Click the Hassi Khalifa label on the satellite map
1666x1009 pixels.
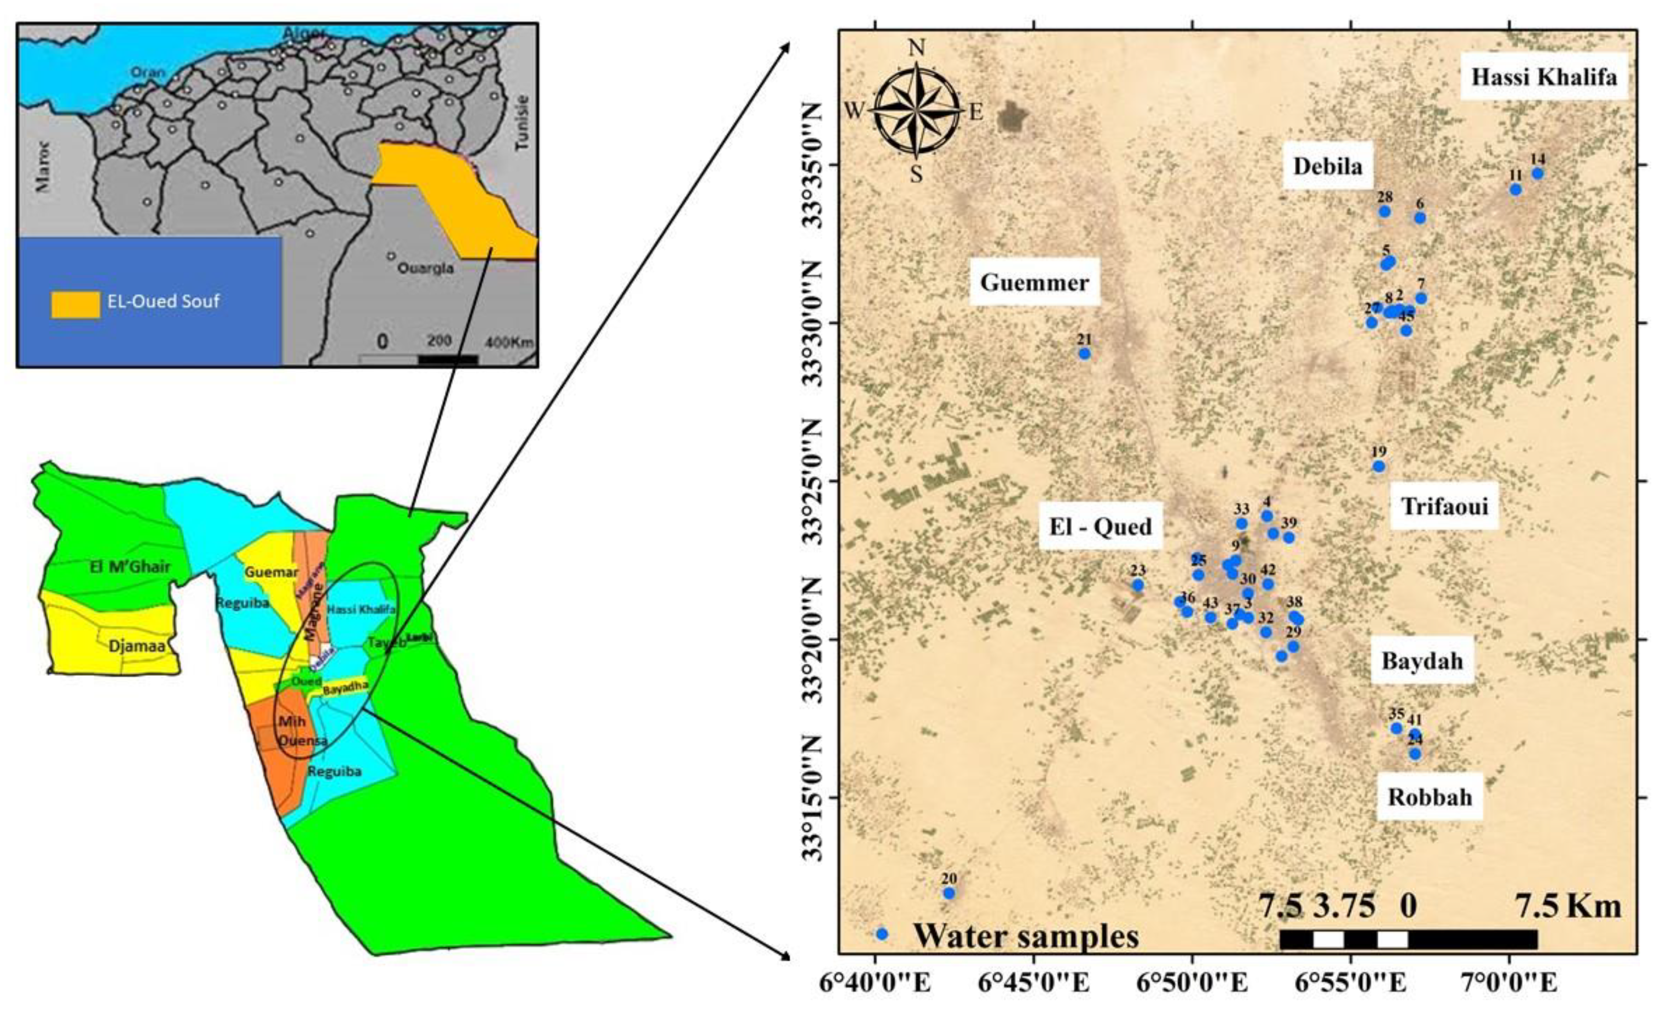click(1544, 77)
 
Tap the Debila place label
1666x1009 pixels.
click(1327, 166)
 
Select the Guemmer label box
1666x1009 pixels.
click(1034, 282)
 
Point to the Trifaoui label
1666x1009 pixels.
click(1444, 506)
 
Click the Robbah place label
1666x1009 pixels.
click(1430, 797)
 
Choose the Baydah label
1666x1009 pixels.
click(1422, 660)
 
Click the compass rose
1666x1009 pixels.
click(916, 110)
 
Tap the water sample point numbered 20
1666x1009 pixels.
click(948, 894)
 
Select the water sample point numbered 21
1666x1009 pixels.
click(1085, 353)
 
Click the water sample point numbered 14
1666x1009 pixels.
click(1537, 173)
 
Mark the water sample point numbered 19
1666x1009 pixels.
click(1379, 466)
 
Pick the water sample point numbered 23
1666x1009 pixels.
click(1138, 585)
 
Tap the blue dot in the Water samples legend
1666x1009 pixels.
click(881, 934)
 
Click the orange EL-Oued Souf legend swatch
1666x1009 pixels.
click(75, 305)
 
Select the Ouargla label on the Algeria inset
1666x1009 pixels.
click(425, 268)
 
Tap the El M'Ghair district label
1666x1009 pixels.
click(130, 567)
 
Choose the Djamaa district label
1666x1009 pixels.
click(137, 646)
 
